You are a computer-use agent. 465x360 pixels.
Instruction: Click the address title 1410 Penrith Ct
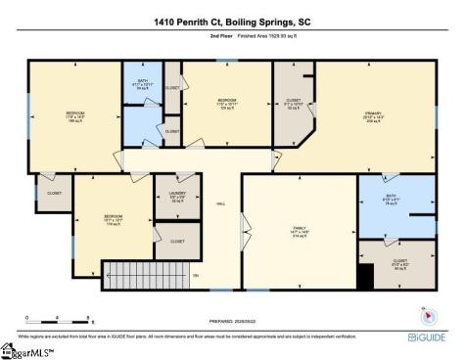186,20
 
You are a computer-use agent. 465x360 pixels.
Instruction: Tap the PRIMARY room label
372,114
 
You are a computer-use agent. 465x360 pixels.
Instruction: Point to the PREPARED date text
233,318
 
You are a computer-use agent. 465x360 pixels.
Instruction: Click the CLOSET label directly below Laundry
177,241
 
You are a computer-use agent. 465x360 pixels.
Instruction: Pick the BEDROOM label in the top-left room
75,114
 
